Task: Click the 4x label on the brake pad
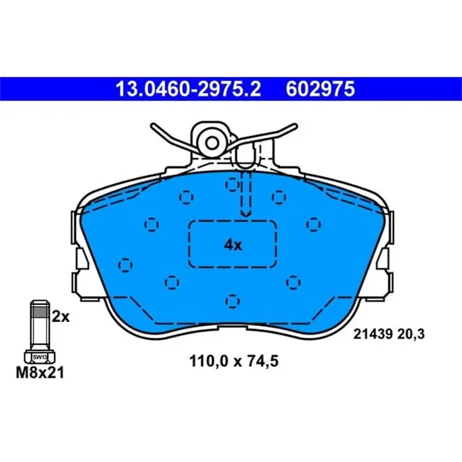click(233, 245)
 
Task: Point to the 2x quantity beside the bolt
click(61, 317)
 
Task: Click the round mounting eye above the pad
click(212, 141)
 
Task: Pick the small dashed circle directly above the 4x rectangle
click(232, 183)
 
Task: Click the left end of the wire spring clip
click(154, 125)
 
